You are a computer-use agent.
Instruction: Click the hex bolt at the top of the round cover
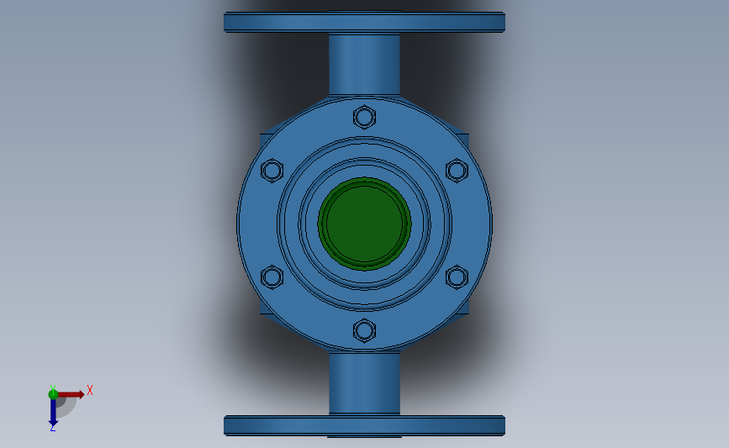coord(364,116)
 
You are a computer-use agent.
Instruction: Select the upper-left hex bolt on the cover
coord(272,171)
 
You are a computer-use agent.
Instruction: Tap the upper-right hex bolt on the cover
coord(456,170)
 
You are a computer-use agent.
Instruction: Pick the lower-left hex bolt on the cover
coord(272,277)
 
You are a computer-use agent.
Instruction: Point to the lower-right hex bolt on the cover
coord(456,277)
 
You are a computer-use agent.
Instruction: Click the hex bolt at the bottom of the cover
coord(364,330)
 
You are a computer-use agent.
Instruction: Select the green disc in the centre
coord(364,223)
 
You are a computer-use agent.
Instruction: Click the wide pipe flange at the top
coord(364,23)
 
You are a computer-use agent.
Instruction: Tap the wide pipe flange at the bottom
coord(364,425)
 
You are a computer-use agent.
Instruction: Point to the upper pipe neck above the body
coord(364,64)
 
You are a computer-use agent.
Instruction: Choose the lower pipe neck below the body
coord(364,383)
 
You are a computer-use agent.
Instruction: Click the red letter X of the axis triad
coord(89,390)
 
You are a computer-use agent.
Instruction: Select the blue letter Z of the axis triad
coord(52,428)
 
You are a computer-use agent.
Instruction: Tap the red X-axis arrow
coord(72,393)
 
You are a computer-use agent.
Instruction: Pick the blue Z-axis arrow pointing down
coord(53,411)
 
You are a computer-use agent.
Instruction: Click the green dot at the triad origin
coord(53,393)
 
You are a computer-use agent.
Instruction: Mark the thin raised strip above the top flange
coord(364,11)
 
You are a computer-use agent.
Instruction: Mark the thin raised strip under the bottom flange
coord(364,437)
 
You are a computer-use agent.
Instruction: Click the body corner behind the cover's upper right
coord(462,139)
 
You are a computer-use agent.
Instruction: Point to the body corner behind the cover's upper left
coord(265,140)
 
